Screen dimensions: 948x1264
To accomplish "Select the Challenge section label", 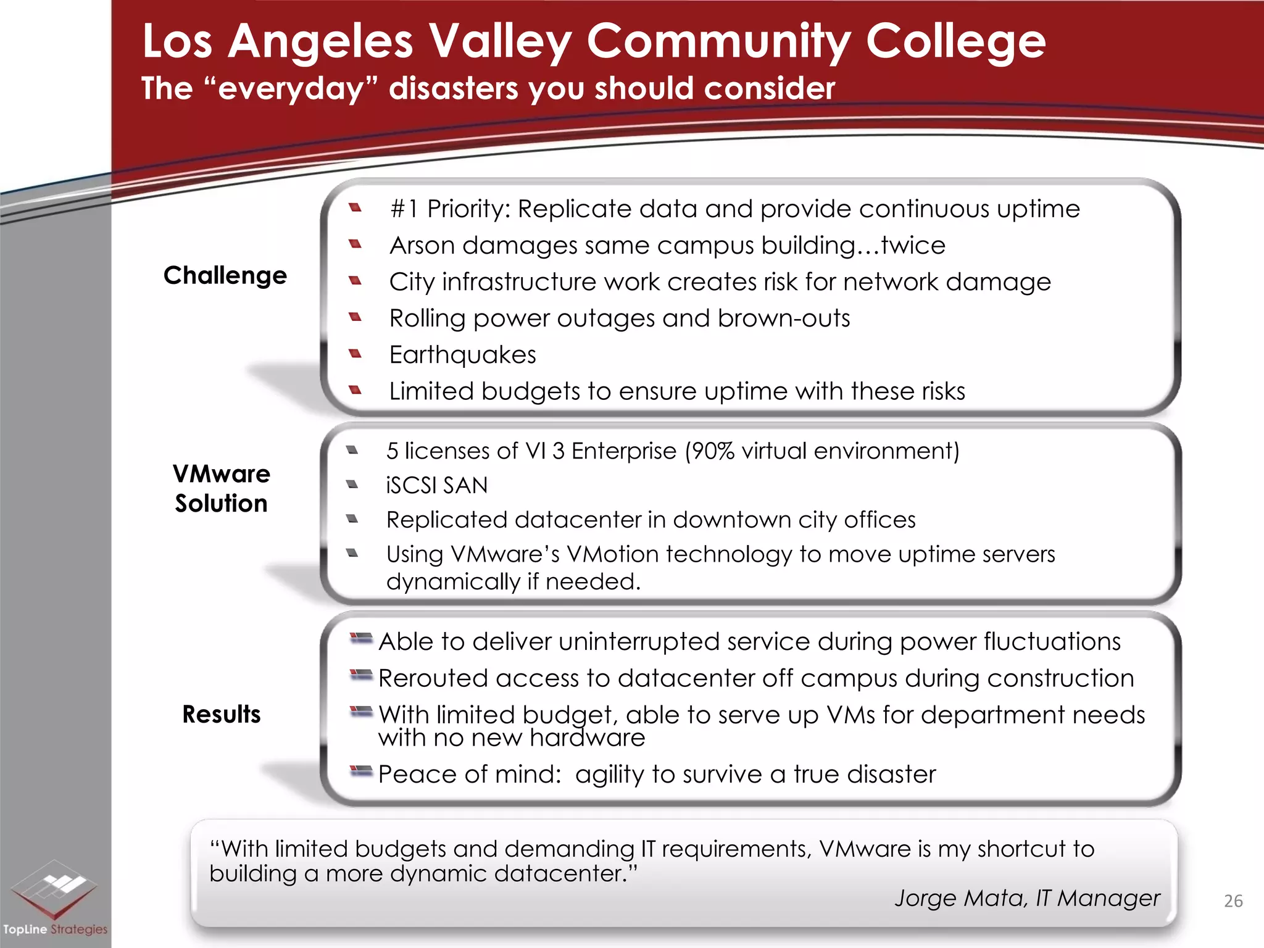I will pos(225,275).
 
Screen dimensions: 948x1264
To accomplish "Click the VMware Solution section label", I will pos(221,489).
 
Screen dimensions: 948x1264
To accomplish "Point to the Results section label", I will pos(222,714).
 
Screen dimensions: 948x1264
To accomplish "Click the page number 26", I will pos(1233,901).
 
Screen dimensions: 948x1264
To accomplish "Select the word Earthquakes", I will pos(462,355).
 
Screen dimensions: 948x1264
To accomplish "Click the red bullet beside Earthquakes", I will pos(355,354).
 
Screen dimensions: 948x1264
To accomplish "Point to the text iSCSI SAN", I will pos(436,486).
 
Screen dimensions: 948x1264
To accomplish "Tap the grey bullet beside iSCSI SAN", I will pos(352,484).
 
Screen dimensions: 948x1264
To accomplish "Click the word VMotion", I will pos(612,554).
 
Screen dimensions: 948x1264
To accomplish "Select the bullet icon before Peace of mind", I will pos(361,771).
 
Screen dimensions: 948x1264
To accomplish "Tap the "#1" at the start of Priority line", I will pos(404,209).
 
